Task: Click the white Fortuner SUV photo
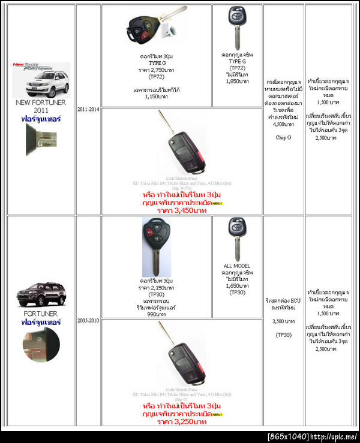[x=41, y=83]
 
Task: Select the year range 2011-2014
[x=88, y=110]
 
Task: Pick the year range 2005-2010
[x=88, y=321]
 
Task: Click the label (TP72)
[x=157, y=77]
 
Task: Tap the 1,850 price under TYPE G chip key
[x=237, y=81]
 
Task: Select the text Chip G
[x=284, y=137]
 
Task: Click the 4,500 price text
[x=284, y=125]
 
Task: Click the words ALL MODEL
[x=237, y=266]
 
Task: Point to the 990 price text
[x=157, y=314]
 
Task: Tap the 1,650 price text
[x=237, y=286]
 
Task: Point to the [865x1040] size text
[x=287, y=436]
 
